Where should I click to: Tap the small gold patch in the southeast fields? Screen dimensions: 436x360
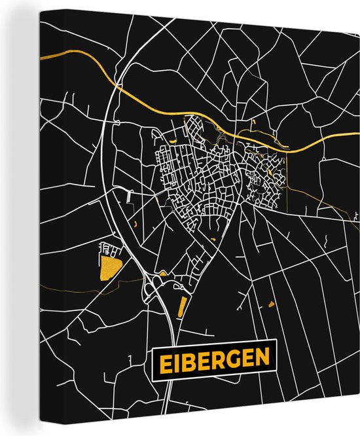coord(271,304)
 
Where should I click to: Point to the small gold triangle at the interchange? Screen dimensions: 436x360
coord(162,273)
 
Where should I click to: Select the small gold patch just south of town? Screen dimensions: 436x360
coord(213,240)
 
